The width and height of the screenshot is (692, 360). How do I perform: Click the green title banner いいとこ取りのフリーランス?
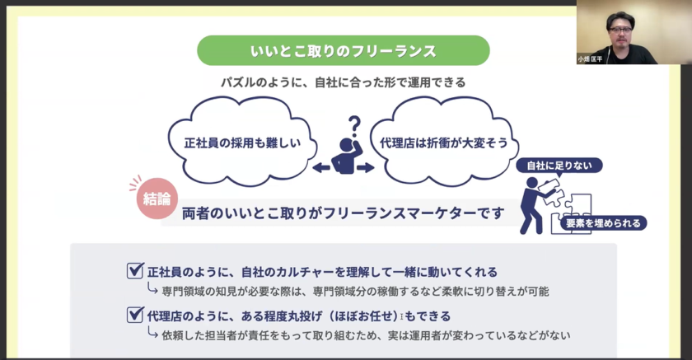click(x=344, y=51)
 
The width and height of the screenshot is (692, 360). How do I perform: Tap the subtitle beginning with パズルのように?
click(x=344, y=82)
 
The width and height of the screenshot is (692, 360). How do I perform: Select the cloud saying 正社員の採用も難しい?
click(x=242, y=142)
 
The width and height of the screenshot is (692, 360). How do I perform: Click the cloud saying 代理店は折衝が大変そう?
click(x=444, y=142)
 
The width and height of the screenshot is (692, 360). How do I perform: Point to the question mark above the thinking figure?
click(x=354, y=127)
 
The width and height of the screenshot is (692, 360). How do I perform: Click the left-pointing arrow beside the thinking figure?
click(x=321, y=168)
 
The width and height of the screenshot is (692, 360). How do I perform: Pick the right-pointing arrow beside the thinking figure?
click(x=366, y=168)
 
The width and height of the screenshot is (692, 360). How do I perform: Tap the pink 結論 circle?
click(x=157, y=199)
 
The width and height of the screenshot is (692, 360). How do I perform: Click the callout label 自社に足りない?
click(x=559, y=166)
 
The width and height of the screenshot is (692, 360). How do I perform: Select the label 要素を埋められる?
click(x=603, y=223)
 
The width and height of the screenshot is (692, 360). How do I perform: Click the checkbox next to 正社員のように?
click(x=135, y=270)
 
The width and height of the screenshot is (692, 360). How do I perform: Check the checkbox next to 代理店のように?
click(x=135, y=315)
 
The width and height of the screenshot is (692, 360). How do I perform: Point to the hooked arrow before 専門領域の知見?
click(x=152, y=289)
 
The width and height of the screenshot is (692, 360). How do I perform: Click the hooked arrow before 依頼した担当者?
click(x=152, y=333)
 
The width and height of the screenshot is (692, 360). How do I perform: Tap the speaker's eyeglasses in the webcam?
click(x=620, y=30)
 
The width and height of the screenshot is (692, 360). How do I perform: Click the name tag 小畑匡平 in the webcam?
click(x=590, y=59)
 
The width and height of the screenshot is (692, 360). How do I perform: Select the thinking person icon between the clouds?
click(x=347, y=156)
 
